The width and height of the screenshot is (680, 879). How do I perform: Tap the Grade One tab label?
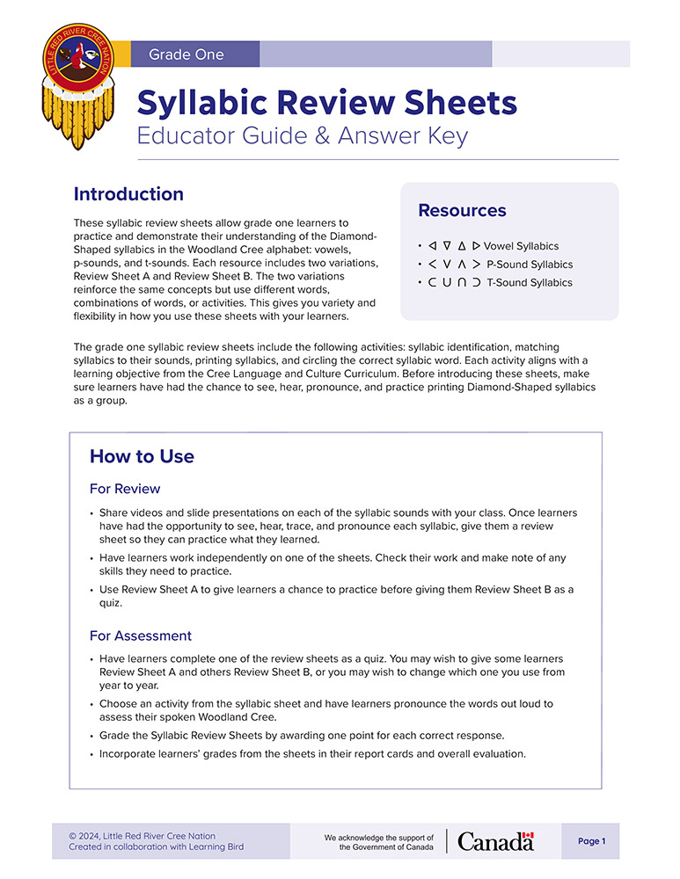186,54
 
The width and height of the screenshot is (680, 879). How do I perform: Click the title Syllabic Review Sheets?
326,104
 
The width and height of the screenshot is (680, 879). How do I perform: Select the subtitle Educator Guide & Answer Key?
303,136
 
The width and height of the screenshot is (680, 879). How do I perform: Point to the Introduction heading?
128,194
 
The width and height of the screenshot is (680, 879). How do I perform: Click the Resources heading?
462,211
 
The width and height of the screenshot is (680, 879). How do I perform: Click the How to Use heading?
142,456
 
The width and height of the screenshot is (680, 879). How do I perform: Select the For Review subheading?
125,489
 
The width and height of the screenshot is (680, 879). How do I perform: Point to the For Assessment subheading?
141,636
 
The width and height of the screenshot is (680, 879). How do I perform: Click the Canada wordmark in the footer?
495,841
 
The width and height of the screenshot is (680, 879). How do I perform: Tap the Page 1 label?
591,841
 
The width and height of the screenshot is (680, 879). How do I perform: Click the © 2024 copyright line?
142,836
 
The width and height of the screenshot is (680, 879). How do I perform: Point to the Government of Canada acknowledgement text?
379,842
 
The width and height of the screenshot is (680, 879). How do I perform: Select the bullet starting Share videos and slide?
338,526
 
